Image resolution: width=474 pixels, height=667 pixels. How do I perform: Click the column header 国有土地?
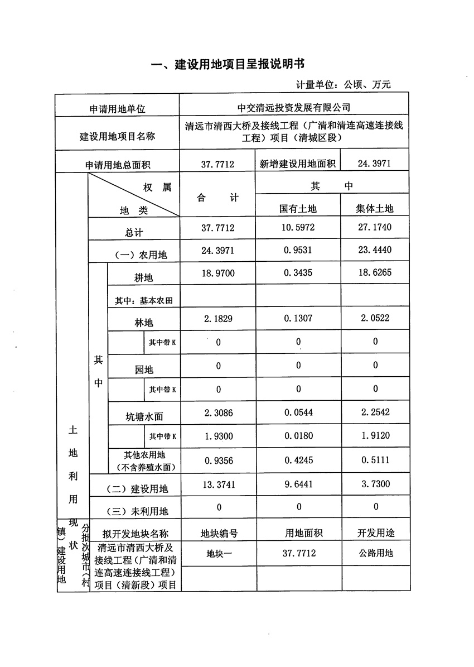298,208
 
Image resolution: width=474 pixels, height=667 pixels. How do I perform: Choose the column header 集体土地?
375,208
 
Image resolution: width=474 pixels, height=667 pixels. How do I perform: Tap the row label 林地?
144,323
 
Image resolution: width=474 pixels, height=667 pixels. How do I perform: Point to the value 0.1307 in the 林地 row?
298,318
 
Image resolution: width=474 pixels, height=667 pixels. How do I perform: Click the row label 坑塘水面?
144,416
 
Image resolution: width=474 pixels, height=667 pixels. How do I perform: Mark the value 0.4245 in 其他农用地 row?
298,460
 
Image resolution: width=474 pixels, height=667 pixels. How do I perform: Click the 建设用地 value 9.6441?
298,485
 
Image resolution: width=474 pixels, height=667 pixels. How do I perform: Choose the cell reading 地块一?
218,554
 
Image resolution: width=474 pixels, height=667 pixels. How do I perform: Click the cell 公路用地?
375,554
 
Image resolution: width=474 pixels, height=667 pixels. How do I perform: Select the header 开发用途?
375,533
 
